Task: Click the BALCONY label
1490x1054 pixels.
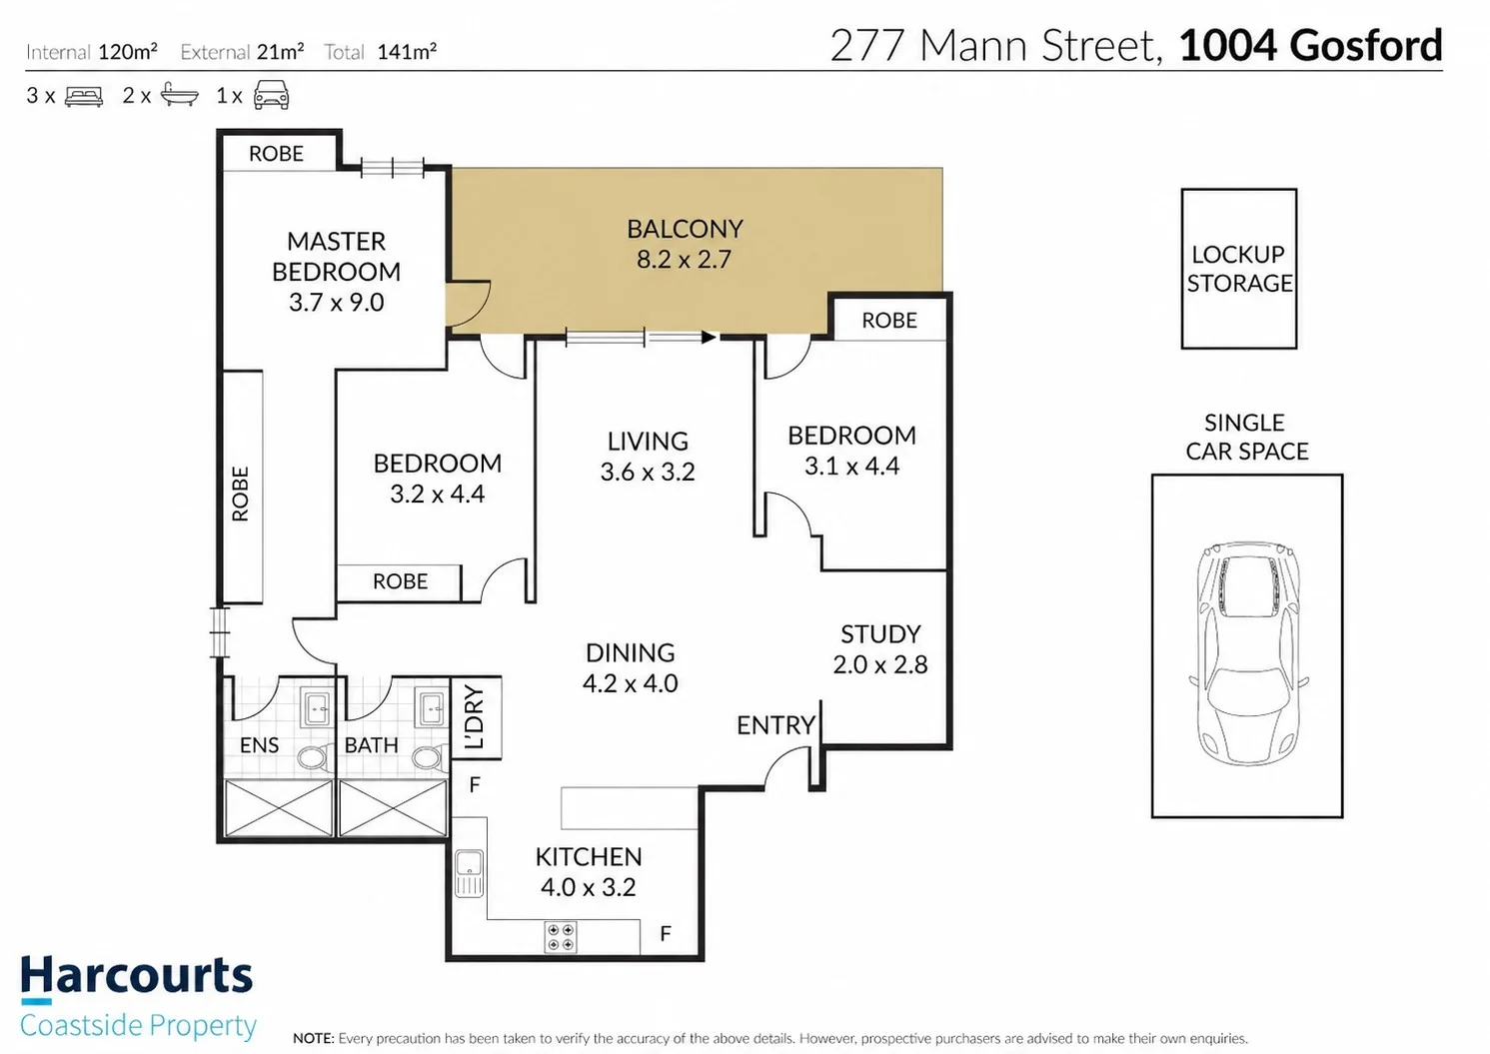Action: pyautogui.click(x=685, y=230)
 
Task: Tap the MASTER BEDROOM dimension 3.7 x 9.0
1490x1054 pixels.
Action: pyautogui.click(x=337, y=303)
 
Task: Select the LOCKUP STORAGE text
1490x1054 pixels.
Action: pyautogui.click(x=1239, y=269)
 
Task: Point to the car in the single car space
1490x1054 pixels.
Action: pyautogui.click(x=1247, y=653)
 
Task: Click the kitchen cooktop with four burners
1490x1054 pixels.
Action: pyautogui.click(x=560, y=937)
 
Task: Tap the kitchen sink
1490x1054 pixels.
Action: pyautogui.click(x=470, y=873)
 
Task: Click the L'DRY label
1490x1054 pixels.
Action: pyautogui.click(x=475, y=717)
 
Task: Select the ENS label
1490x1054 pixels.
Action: pyautogui.click(x=259, y=745)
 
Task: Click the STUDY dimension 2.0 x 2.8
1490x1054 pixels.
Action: pyautogui.click(x=880, y=665)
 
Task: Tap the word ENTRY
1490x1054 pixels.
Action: pyautogui.click(x=775, y=725)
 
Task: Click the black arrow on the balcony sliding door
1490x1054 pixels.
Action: pyautogui.click(x=709, y=337)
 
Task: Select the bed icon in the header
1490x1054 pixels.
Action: pyautogui.click(x=84, y=97)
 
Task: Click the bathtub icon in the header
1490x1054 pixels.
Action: pyautogui.click(x=180, y=95)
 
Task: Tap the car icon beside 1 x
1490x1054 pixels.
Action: pyautogui.click(x=272, y=95)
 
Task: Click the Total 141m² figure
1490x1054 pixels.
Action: pyautogui.click(x=407, y=52)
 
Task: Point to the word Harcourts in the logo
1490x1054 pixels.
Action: pyautogui.click(x=137, y=975)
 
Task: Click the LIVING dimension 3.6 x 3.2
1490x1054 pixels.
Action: pyautogui.click(x=648, y=473)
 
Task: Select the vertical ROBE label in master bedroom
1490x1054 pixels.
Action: pyautogui.click(x=240, y=494)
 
